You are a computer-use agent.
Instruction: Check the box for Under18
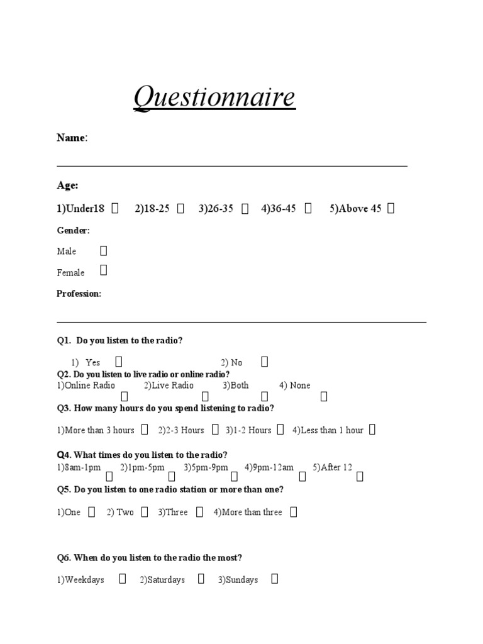tap(115, 208)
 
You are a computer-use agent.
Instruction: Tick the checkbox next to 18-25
tap(180, 208)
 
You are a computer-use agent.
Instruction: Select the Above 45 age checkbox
tap(391, 208)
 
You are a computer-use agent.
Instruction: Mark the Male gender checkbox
tap(104, 251)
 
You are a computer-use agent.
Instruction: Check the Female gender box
tap(104, 270)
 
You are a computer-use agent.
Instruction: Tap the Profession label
tap(79, 294)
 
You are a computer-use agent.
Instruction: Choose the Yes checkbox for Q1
tap(119, 362)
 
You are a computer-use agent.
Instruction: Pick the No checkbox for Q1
tap(264, 362)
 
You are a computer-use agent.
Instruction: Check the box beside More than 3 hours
tap(145, 430)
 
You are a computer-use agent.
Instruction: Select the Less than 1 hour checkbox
tap(372, 430)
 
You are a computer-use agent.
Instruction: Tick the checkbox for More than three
tap(293, 512)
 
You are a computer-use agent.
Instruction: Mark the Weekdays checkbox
tap(123, 579)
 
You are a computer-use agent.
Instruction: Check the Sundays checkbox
tap(274, 579)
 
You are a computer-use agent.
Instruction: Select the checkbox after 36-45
tap(308, 208)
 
